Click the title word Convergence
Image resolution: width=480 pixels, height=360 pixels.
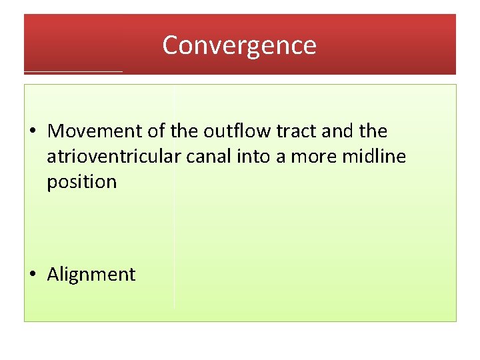point(239,45)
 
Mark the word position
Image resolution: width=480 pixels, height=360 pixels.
point(81,182)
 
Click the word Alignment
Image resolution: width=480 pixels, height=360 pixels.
point(91,275)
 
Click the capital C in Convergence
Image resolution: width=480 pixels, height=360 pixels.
point(170,45)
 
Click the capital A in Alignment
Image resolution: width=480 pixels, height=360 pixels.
point(53,275)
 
